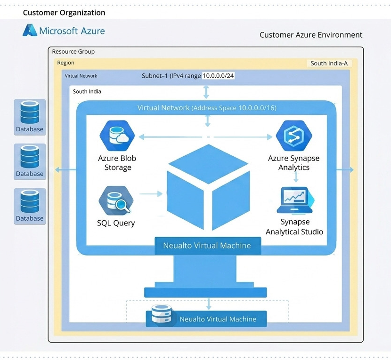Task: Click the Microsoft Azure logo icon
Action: click(x=30, y=31)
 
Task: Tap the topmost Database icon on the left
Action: click(x=30, y=113)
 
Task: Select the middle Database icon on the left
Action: click(x=30, y=158)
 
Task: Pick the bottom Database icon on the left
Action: click(x=30, y=202)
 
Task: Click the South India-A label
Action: click(x=329, y=63)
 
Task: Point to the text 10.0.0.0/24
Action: click(x=219, y=76)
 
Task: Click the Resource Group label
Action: click(x=73, y=52)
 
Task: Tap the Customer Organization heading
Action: click(x=64, y=13)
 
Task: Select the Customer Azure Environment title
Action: click(x=311, y=35)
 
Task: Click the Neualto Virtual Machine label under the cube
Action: click(x=207, y=245)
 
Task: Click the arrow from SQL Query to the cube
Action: click(x=151, y=193)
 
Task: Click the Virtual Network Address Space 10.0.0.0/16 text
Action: click(x=207, y=108)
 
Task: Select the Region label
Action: click(x=65, y=63)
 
